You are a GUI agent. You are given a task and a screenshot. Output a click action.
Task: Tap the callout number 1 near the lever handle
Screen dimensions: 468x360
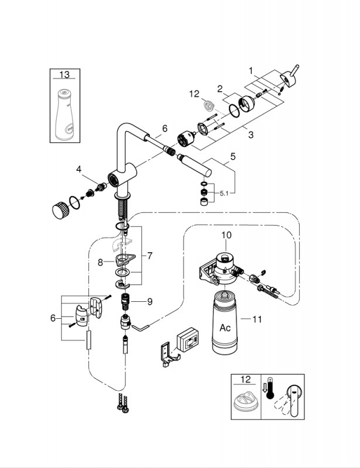[x=251, y=70]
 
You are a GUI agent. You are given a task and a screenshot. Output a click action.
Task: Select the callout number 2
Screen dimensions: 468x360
[x=220, y=89]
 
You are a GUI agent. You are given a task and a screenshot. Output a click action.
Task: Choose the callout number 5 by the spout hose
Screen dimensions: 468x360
[x=233, y=157]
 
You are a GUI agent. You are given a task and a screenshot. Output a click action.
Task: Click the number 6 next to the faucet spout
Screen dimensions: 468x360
[x=165, y=128]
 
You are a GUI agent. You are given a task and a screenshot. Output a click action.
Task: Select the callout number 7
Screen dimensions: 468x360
[x=150, y=256]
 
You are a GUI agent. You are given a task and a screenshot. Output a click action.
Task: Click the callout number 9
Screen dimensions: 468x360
[x=150, y=302]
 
